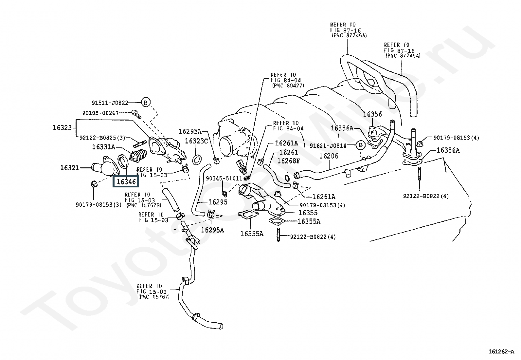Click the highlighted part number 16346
[126, 181]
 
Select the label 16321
[70, 168]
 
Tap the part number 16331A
[104, 147]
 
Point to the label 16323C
[196, 141]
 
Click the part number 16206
[329, 156]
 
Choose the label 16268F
[289, 161]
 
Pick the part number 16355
[308, 213]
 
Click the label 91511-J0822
[110, 103]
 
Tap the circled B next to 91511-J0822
[146, 103]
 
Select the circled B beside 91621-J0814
[361, 145]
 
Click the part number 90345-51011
[224, 179]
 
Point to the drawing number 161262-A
[501, 351]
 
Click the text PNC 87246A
[349, 35]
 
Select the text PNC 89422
[288, 85]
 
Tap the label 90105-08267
[100, 113]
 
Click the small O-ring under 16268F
[287, 178]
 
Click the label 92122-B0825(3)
[102, 138]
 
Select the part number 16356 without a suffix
[372, 114]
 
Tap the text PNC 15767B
[144, 205]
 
